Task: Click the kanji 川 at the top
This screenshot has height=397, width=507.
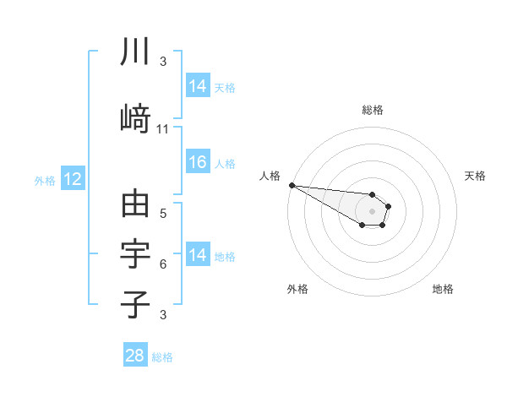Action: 135,52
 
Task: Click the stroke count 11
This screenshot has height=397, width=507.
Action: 163,129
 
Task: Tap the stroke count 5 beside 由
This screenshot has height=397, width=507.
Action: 163,214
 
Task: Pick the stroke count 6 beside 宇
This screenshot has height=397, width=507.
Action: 163,264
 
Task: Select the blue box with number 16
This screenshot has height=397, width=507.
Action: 198,163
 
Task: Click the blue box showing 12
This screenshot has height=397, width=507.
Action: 72,179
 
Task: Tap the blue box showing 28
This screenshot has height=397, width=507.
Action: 135,356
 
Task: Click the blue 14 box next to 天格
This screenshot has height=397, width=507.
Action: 198,85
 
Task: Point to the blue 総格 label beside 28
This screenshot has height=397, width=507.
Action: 162,357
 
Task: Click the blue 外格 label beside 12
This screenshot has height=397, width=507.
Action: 45,180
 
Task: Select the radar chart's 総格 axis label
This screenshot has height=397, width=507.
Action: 372,110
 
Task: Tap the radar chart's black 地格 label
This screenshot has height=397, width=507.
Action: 443,290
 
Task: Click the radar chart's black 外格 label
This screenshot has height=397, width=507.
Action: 297,290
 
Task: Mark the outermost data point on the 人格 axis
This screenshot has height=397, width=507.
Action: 292,185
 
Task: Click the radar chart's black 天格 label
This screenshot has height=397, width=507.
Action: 476,176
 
